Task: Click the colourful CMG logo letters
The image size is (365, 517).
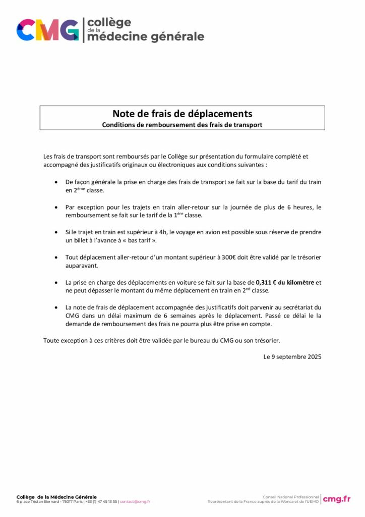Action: coord(48,30)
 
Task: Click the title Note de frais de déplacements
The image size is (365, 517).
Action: coord(182,114)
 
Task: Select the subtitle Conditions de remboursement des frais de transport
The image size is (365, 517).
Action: coord(182,125)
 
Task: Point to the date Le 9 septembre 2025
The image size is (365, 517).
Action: coord(292,356)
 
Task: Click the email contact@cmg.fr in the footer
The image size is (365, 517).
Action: coord(135,502)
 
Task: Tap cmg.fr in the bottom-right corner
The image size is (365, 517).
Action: coord(337,499)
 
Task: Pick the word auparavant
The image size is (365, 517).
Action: coord(81,265)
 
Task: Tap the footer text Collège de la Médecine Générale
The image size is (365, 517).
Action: coord(56,497)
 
